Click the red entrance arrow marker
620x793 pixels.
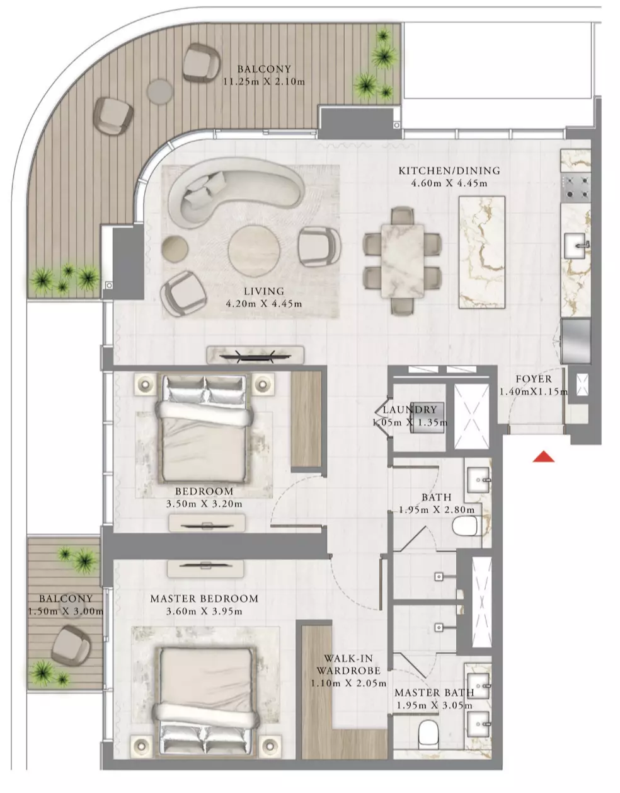click(x=543, y=457)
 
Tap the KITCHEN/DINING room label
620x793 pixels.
click(x=449, y=170)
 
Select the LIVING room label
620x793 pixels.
click(x=264, y=291)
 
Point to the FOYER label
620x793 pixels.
click(x=534, y=379)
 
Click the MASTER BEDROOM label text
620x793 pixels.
click(x=204, y=598)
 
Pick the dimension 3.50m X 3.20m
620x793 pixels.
click(x=204, y=504)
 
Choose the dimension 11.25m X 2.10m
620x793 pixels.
click(x=264, y=81)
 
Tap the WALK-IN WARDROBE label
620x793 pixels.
click(x=348, y=664)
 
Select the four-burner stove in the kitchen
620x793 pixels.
click(x=576, y=188)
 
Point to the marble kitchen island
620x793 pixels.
click(x=482, y=252)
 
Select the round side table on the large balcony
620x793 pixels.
click(x=160, y=91)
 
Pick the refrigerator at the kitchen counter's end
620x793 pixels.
click(x=576, y=341)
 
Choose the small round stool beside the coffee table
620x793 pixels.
click(x=175, y=248)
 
